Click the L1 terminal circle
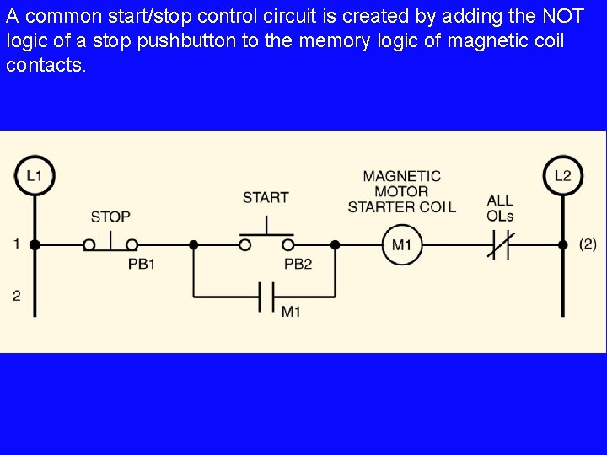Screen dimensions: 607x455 [35, 176]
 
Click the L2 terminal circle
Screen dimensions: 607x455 [562, 175]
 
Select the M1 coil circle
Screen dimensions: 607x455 [401, 245]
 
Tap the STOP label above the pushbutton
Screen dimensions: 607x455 [110, 217]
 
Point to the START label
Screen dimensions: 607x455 [266, 197]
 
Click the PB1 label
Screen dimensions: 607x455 [142, 264]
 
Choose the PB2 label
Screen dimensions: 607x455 [298, 264]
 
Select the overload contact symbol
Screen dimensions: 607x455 [500, 245]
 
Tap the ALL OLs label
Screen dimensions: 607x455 [500, 208]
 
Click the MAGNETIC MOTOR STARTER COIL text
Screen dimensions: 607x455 [401, 191]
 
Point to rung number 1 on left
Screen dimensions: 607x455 [17, 244]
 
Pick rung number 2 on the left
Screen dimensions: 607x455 [17, 296]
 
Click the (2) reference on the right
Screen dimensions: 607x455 [588, 244]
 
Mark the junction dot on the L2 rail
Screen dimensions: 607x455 [562, 245]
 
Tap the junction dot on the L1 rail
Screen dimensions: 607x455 [35, 245]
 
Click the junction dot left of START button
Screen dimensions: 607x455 [193, 245]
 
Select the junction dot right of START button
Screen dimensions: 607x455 [335, 245]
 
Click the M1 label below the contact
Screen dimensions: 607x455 [291, 312]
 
